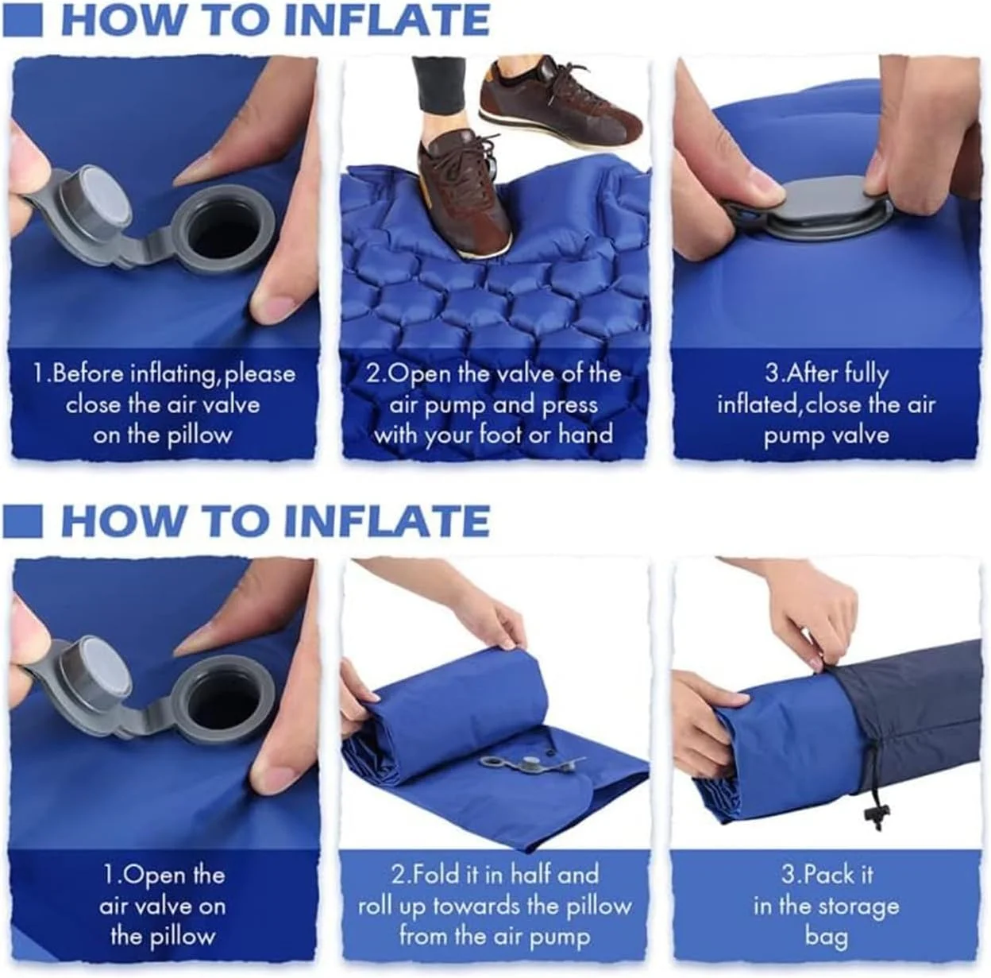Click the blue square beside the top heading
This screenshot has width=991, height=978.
coord(21,20)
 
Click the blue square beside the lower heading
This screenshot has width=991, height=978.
coord(21,520)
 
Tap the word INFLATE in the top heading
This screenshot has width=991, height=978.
coord(386,20)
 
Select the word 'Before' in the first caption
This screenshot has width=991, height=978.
coord(88,373)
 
